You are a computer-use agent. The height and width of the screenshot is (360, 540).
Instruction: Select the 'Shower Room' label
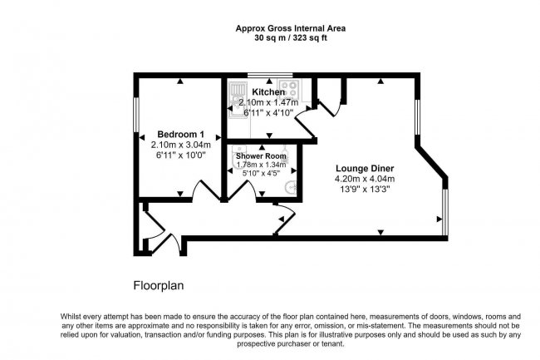click(x=261, y=155)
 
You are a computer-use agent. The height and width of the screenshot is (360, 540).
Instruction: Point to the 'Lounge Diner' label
click(x=366, y=165)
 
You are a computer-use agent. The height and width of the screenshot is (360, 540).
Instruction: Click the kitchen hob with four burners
click(x=290, y=86)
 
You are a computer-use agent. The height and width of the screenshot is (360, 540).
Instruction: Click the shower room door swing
click(x=242, y=190)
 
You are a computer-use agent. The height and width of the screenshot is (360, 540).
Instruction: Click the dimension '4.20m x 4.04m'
click(x=366, y=178)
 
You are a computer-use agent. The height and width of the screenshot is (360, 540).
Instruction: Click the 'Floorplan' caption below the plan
click(x=159, y=285)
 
